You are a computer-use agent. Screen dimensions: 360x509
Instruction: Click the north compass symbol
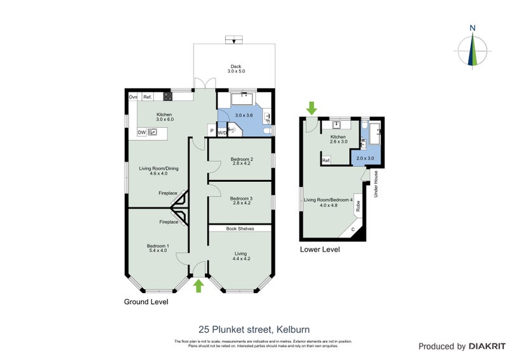click(x=472, y=48)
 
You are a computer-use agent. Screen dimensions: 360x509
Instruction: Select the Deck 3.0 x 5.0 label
click(x=236, y=68)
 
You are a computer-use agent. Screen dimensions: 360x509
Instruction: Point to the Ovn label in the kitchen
click(x=133, y=97)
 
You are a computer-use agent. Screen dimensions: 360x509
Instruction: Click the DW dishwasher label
click(x=143, y=132)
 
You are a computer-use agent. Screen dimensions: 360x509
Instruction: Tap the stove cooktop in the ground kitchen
click(x=168, y=97)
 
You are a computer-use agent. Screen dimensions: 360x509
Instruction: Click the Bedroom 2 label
click(x=242, y=161)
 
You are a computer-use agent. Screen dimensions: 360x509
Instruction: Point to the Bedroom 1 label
click(x=158, y=248)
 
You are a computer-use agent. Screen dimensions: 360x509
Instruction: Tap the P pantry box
click(x=211, y=132)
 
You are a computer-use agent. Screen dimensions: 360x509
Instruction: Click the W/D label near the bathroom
click(x=222, y=133)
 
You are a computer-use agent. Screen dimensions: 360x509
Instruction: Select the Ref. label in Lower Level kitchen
click(x=325, y=161)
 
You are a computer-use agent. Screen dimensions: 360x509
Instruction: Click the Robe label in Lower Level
click(x=358, y=206)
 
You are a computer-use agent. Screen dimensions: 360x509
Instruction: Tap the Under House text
click(x=376, y=184)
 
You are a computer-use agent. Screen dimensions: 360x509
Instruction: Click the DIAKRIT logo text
click(x=487, y=347)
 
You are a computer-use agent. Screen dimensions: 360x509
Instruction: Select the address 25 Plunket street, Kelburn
click(x=254, y=329)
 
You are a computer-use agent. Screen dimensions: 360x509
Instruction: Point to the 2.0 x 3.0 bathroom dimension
click(x=365, y=158)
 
